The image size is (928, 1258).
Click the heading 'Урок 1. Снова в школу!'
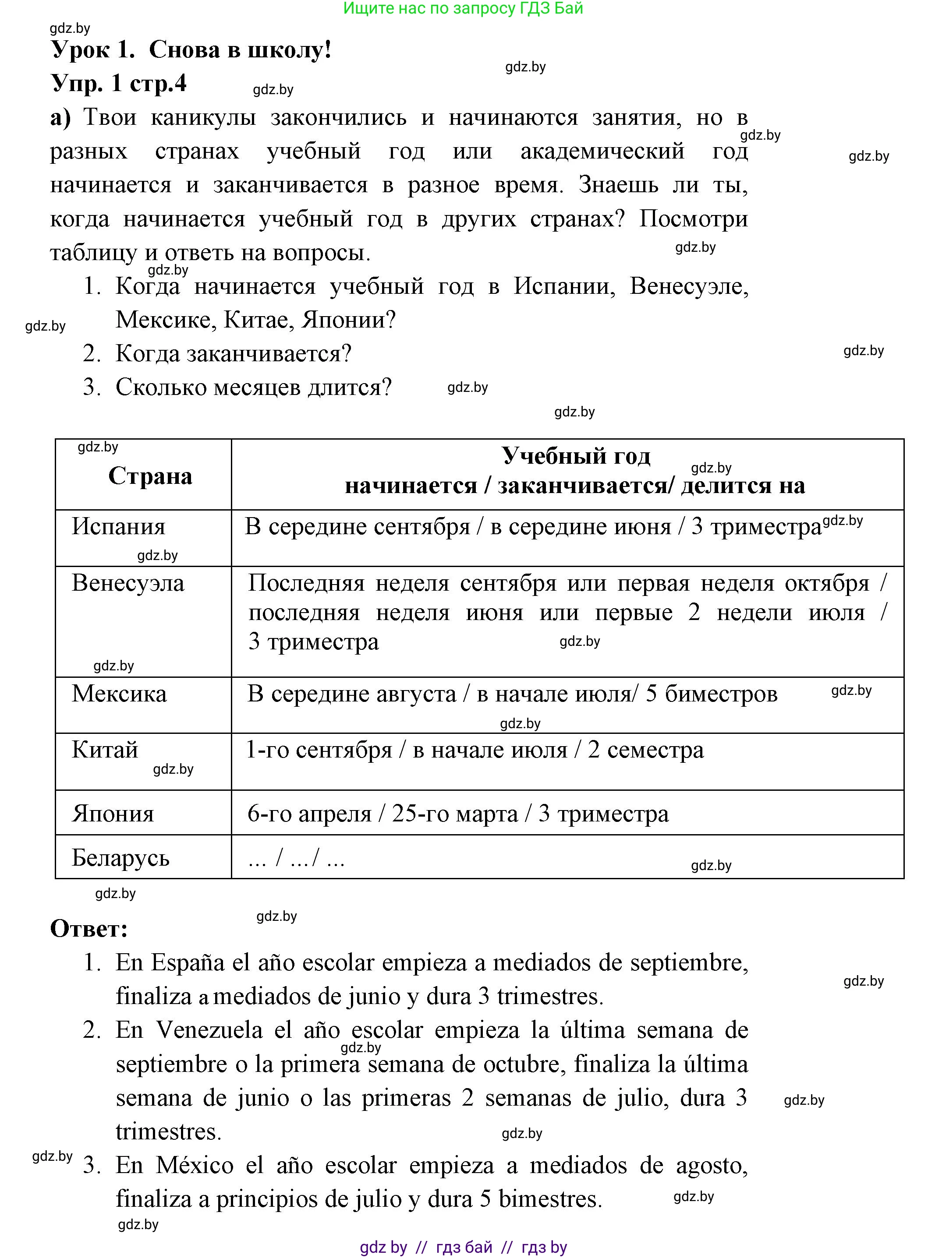point(191,50)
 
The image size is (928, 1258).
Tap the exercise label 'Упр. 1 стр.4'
point(119,84)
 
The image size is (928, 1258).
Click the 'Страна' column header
point(150,476)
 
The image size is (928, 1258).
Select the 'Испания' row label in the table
point(119,527)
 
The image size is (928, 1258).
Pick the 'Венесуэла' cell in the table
point(128,583)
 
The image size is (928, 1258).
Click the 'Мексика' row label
point(119,694)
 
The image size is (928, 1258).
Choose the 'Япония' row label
point(112,814)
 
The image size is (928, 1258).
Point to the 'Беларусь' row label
point(120,858)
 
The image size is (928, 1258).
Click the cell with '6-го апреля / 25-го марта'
point(458,814)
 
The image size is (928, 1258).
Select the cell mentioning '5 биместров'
point(512,694)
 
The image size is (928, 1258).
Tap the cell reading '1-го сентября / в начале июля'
point(475,750)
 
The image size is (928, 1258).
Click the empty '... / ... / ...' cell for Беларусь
point(296,858)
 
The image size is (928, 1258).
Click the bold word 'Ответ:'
point(89,928)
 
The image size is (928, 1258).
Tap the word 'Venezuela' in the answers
point(209,1031)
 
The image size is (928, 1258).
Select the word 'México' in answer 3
point(195,1165)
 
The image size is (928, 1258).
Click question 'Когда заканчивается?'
point(233,354)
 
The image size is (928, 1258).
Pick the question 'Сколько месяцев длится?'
point(253,388)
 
